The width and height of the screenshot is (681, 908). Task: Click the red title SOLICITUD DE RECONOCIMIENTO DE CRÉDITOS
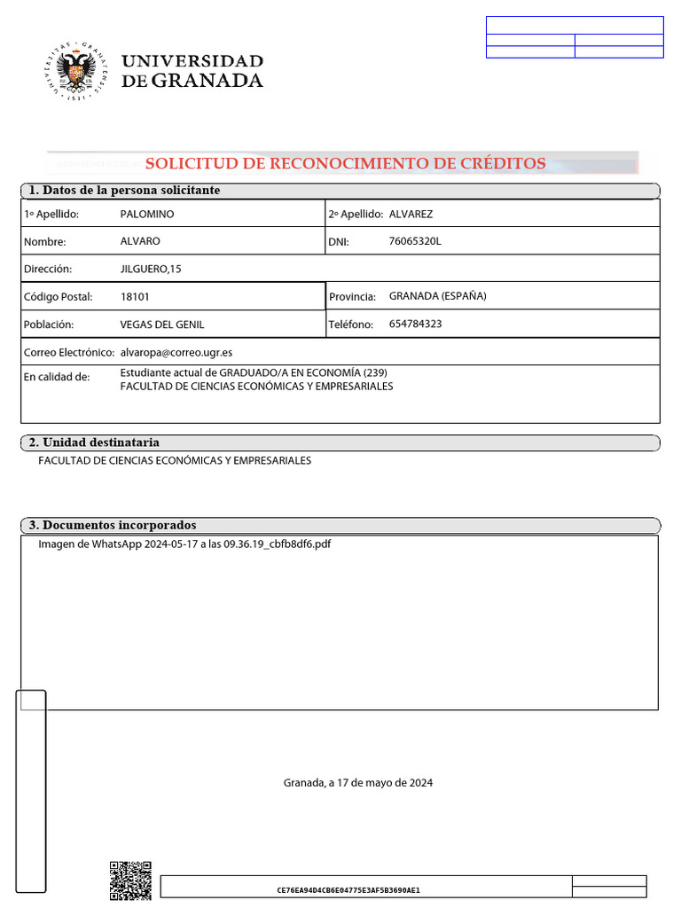point(345,163)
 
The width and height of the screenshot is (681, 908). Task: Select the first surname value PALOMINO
point(147,215)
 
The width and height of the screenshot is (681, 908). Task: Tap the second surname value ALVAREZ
point(411,215)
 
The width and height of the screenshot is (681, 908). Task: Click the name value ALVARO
point(140,241)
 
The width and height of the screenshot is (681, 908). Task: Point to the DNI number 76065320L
point(414,241)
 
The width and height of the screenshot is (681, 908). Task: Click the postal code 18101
point(135,296)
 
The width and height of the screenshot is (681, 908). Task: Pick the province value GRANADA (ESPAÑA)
point(437,296)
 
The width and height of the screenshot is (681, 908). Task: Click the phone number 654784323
point(415,324)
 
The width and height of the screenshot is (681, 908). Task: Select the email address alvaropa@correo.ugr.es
point(176,352)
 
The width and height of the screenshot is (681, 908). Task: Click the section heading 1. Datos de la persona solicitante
point(124,191)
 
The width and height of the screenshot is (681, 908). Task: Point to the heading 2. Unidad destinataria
point(94,442)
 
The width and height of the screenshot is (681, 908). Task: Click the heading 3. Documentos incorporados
point(113,526)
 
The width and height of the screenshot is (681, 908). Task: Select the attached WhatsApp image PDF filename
point(184,544)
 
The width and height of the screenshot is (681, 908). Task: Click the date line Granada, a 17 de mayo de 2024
point(358,783)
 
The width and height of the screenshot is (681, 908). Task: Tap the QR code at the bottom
point(130,881)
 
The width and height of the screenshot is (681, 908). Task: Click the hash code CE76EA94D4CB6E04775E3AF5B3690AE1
point(348,890)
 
